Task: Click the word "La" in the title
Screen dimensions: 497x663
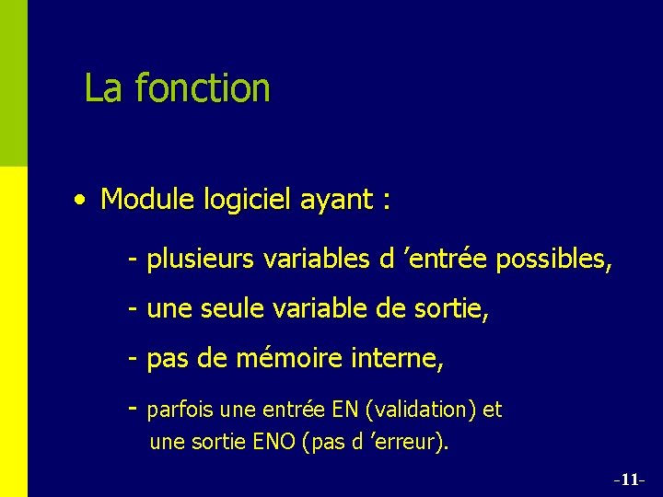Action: coord(104,88)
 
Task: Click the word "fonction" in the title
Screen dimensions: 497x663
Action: coord(202,88)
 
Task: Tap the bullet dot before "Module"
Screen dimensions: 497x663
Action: coord(83,199)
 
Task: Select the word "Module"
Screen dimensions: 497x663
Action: coord(144,199)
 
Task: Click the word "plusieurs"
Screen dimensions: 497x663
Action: coord(201,260)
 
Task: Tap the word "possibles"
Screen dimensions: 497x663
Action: coord(552,260)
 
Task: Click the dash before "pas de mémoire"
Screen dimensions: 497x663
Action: coord(134,359)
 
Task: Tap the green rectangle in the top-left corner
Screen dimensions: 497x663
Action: coord(14,83)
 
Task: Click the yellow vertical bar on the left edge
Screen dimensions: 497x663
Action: coord(14,331)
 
